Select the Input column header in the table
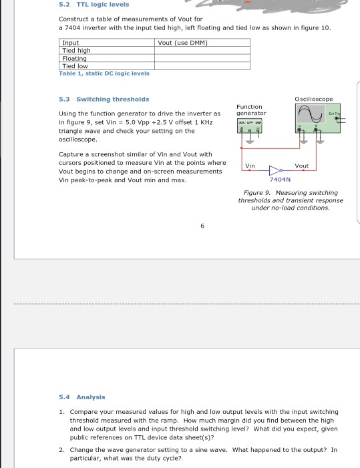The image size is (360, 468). [70, 43]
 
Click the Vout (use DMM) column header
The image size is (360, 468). [184, 43]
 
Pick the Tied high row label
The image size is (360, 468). [76, 51]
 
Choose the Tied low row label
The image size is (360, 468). [75, 65]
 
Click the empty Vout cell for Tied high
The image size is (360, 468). [202, 51]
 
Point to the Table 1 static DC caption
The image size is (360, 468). [100, 73]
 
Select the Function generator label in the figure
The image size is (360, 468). [250, 109]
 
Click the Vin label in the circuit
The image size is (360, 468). [250, 166]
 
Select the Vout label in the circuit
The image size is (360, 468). [301, 166]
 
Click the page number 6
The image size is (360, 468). [202, 226]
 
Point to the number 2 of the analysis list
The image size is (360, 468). [61, 450]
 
